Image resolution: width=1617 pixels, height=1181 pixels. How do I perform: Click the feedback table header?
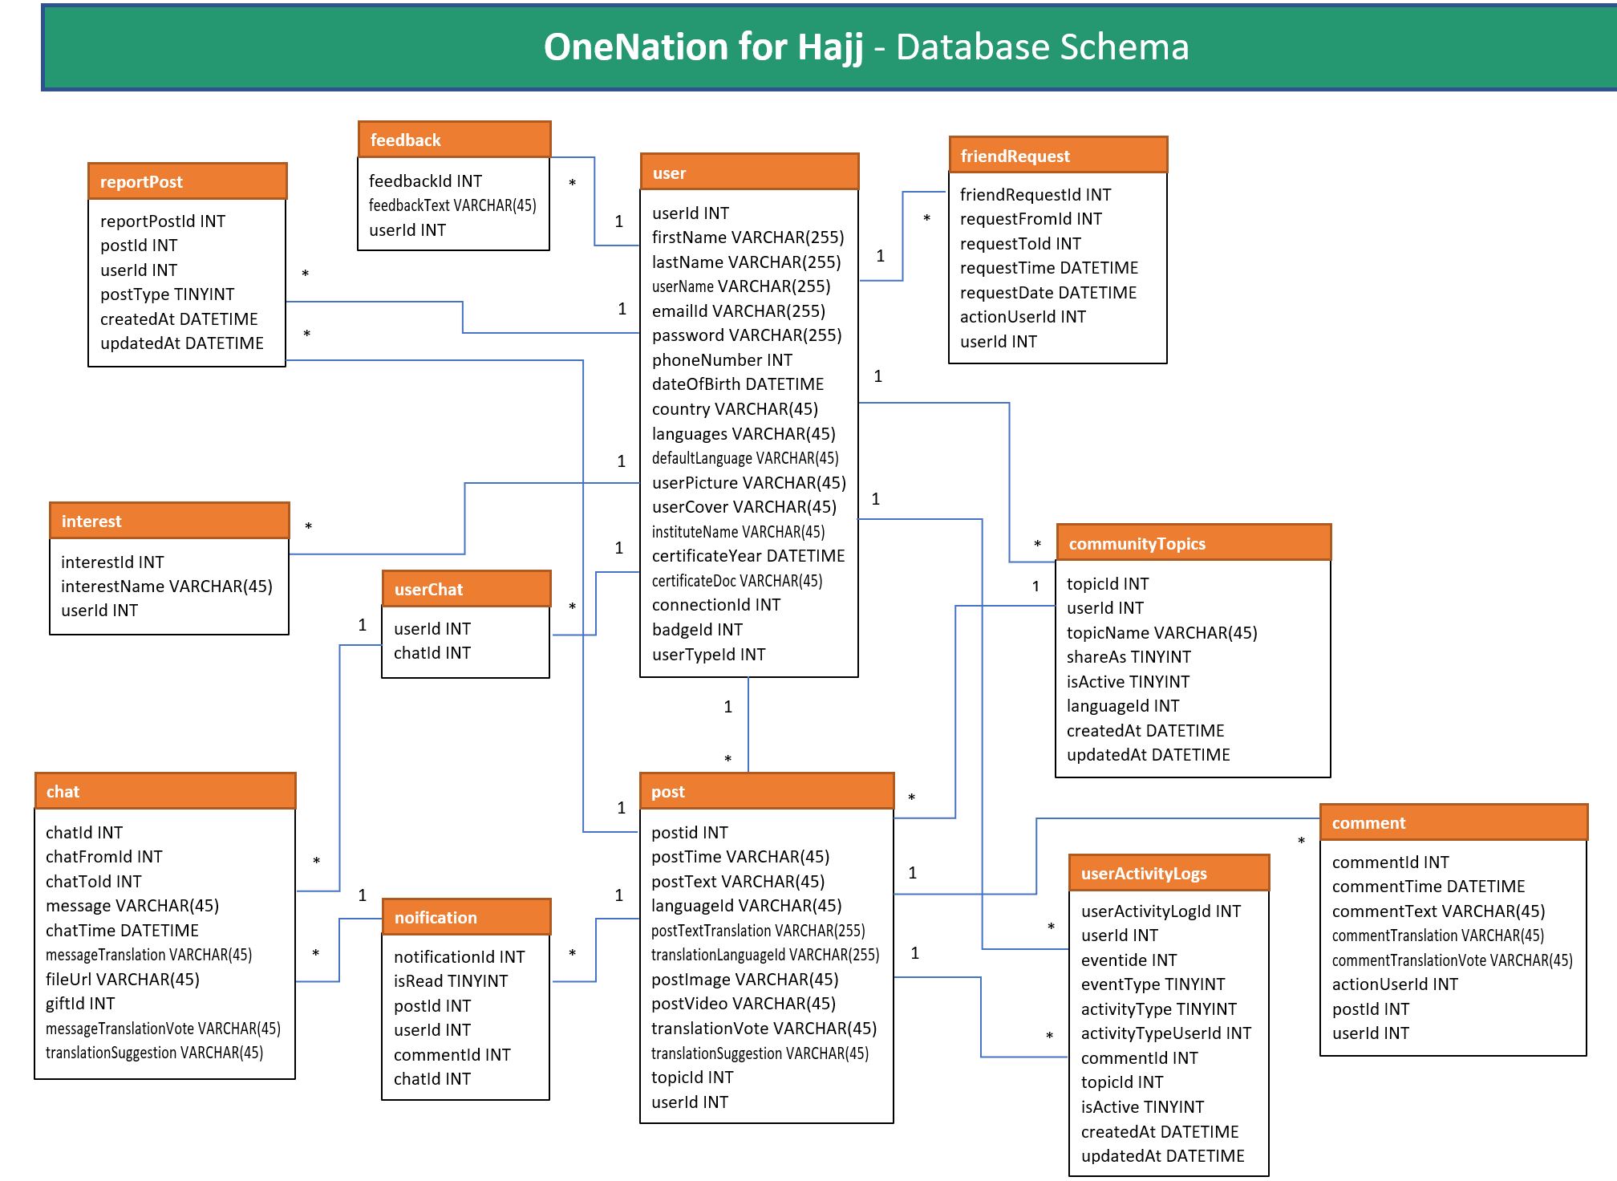[x=454, y=140]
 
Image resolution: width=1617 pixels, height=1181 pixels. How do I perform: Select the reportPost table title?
[x=187, y=182]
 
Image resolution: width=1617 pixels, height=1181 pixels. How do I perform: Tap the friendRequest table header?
[x=1057, y=156]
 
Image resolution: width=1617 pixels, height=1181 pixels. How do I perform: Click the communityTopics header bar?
[x=1193, y=543]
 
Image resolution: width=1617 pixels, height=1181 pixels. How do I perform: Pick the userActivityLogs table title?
[x=1169, y=874]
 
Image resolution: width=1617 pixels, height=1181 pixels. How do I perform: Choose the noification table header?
[x=466, y=917]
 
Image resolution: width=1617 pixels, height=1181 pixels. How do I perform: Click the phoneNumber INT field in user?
[x=722, y=360]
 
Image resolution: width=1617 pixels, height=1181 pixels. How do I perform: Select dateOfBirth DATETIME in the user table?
[x=737, y=384]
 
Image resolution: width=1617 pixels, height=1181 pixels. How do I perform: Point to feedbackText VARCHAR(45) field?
[x=452, y=205]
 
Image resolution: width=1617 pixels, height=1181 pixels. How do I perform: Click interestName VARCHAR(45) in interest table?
[x=167, y=586]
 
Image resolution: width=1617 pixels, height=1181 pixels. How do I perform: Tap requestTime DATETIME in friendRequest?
[x=1048, y=268]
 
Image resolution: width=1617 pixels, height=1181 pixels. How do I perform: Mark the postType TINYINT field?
[x=167, y=294]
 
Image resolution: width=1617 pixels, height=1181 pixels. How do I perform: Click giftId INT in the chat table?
[x=80, y=1004]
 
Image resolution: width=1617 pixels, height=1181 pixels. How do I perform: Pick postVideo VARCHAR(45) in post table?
[x=743, y=1004]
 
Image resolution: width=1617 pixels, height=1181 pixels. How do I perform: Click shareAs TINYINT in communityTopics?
[x=1128, y=657]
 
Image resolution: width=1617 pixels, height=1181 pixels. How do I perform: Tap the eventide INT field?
[x=1129, y=960]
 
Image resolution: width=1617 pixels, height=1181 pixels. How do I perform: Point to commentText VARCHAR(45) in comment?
[x=1438, y=911]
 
